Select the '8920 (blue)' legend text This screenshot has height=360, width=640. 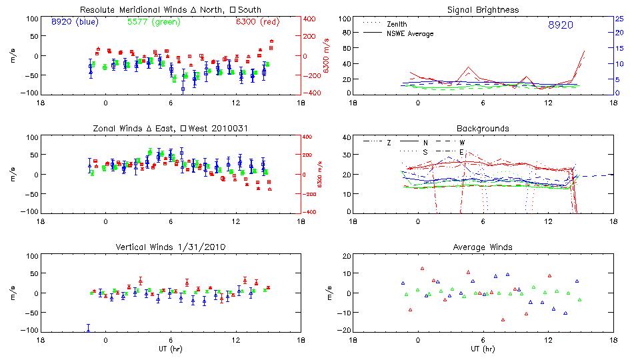tap(75, 22)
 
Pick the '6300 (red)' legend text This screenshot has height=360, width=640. tap(255, 22)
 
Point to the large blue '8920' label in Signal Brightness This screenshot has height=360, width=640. tap(560, 25)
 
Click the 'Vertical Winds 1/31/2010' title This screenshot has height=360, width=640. tap(170, 247)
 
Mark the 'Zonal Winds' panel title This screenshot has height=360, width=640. tap(170, 128)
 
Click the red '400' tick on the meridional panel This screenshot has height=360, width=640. tap(311, 19)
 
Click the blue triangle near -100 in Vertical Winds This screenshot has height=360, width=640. tap(88, 327)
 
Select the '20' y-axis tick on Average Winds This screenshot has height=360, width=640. tap(347, 256)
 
